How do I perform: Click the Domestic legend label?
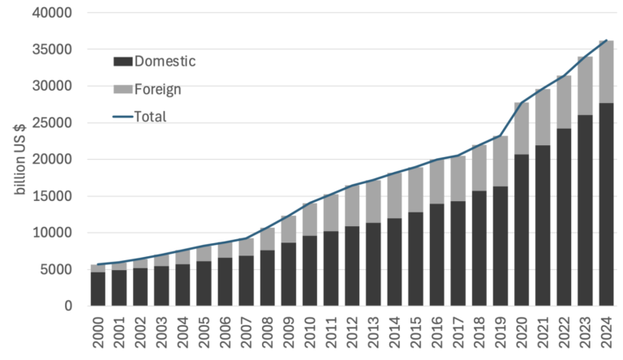165,62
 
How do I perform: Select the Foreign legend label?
157,89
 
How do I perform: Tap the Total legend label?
150,117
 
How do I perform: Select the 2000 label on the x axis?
98,332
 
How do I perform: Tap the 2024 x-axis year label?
604,332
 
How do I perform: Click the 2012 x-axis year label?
351,332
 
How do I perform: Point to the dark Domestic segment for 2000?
97,289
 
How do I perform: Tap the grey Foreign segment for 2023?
583,86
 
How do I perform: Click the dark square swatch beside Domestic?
122,62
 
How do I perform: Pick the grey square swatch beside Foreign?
122,89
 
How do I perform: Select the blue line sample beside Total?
122,117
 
